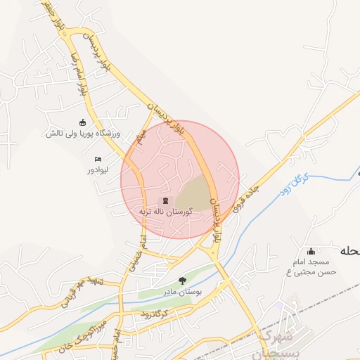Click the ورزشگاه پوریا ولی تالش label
pyautogui.click(x=84, y=133)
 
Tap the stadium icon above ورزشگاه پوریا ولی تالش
pyautogui.click(x=83, y=122)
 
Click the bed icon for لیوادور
pyautogui.click(x=98, y=160)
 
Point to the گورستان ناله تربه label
pyautogui.click(x=165, y=211)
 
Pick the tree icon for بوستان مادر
pyautogui.click(x=183, y=281)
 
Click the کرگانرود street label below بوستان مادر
pyautogui.click(x=153, y=312)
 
